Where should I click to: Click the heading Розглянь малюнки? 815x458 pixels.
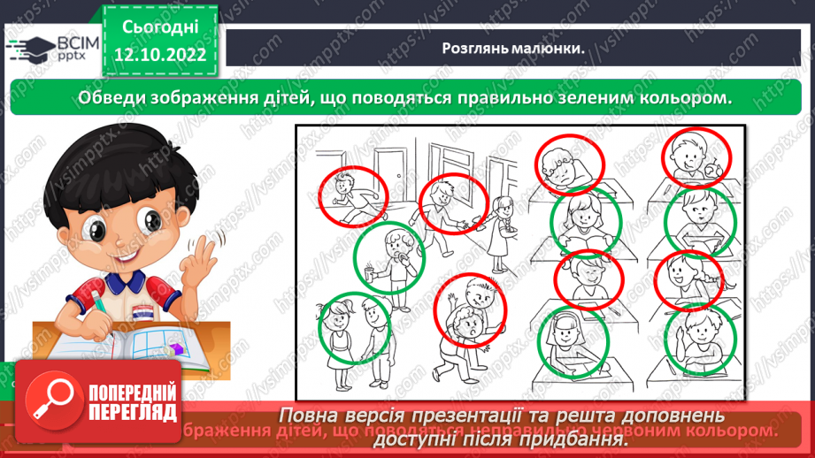coord(513,49)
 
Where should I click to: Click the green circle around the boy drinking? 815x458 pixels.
coord(389,256)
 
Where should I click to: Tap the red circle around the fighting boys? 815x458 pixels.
coord(470,308)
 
